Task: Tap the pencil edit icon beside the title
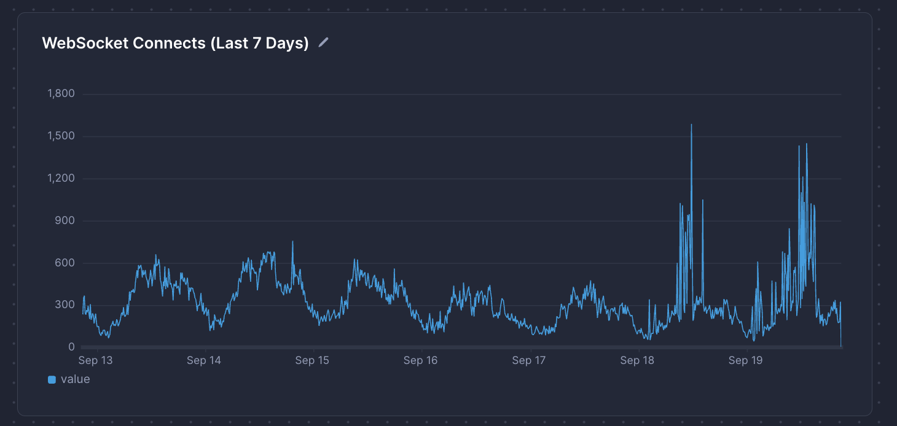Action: pos(324,42)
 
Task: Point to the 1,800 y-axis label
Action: pos(61,94)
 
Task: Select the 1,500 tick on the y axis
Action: pos(61,136)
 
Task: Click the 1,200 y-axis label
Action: pos(61,179)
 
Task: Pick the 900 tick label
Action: pos(65,221)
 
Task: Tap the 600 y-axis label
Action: pos(65,263)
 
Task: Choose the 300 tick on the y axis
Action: pos(65,306)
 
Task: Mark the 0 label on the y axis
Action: pos(71,347)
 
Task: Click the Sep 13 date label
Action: pos(96,360)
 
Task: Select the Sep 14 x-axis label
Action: pos(204,360)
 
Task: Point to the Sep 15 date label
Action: pos(313,360)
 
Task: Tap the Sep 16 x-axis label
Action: pos(421,360)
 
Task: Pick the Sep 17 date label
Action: pos(530,360)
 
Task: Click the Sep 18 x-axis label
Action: pos(638,360)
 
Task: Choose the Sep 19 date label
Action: pos(746,360)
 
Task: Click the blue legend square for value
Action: pos(52,380)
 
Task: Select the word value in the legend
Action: pos(76,379)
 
